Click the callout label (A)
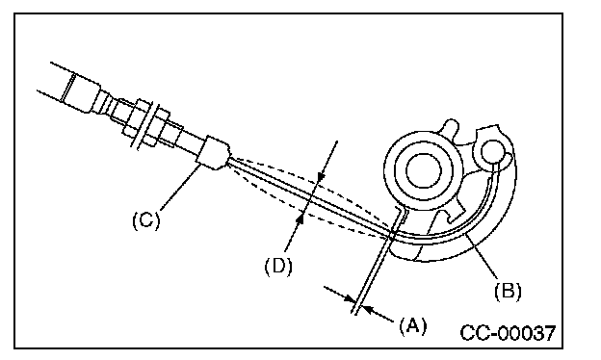point(413,326)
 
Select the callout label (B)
point(508,291)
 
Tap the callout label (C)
point(146,220)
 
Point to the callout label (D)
point(278,266)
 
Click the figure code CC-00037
point(508,333)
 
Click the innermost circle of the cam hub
point(424,170)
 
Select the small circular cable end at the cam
point(493,151)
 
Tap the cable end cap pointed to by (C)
point(214,153)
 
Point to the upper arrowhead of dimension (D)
point(321,176)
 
